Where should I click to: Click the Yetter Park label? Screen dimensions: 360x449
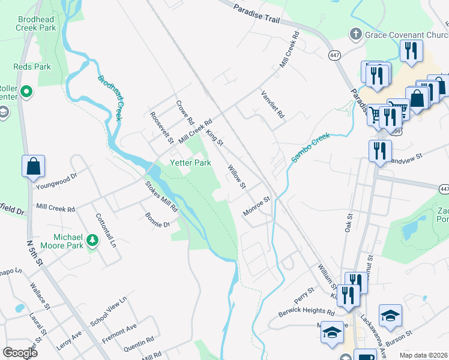(x=191, y=163)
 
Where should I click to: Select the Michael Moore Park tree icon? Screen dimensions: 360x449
(x=92, y=241)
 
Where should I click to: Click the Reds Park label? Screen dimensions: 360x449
(x=32, y=67)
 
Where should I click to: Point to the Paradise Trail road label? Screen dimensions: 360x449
(x=257, y=14)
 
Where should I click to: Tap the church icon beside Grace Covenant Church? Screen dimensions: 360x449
(x=356, y=35)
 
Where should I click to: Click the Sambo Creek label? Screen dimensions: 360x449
(x=312, y=147)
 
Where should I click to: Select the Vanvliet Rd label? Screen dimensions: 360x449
(x=272, y=104)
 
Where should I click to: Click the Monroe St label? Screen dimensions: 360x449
(x=257, y=205)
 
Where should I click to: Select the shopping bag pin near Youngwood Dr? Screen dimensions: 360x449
(x=34, y=166)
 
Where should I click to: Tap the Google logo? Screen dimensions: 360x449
(x=20, y=353)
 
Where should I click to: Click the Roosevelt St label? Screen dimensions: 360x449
(x=161, y=128)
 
